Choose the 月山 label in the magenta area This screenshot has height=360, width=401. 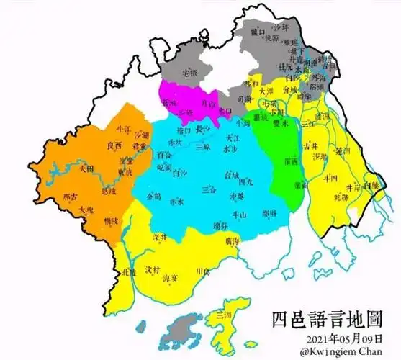click(x=207, y=104)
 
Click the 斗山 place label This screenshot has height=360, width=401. click(x=238, y=214)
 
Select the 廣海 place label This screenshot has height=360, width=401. click(x=232, y=241)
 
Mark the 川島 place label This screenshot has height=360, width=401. click(x=202, y=271)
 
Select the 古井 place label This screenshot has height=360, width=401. click(x=310, y=145)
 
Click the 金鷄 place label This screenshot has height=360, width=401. click(x=153, y=195)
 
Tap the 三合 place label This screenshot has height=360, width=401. click(x=209, y=189)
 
